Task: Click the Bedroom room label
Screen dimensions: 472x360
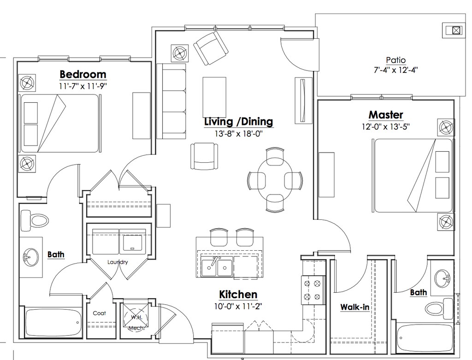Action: coord(83,74)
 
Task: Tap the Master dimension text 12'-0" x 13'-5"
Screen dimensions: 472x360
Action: coord(386,126)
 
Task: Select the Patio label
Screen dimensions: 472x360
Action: coord(395,60)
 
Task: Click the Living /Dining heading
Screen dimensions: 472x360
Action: coord(239,121)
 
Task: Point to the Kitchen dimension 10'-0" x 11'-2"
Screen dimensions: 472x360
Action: coord(238,307)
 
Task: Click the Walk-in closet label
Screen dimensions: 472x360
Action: coord(354,307)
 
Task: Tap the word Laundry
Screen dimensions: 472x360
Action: coord(118,262)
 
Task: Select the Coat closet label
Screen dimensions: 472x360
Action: coord(100,313)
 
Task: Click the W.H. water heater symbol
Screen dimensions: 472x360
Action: coord(136,317)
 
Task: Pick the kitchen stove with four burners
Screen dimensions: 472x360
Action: coord(313,290)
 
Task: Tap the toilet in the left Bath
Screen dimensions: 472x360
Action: coord(35,221)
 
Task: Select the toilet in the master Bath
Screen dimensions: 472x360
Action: coord(440,309)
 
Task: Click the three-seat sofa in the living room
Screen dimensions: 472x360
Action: coord(171,101)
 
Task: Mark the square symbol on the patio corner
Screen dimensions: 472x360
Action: coord(456,30)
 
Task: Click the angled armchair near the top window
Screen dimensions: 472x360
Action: coord(210,48)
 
